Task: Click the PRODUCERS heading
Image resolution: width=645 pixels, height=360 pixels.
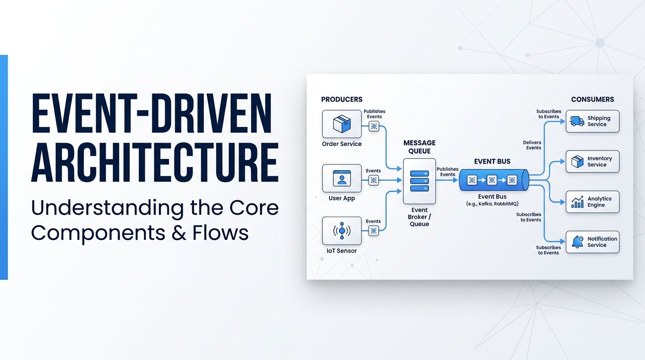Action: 342,99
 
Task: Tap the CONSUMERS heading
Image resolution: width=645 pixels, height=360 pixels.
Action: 592,99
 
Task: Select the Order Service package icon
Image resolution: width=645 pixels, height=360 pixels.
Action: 342,124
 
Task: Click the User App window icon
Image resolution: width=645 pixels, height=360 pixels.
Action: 342,178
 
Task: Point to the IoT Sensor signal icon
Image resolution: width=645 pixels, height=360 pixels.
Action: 342,231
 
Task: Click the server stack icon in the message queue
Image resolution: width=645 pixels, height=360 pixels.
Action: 419,181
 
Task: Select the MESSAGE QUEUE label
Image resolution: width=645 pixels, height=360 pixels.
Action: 419,147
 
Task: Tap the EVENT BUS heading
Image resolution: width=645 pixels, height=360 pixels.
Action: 492,162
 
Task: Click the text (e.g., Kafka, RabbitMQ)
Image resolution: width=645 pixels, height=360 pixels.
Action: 492,203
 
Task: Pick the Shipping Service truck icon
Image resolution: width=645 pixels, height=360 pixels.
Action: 577,121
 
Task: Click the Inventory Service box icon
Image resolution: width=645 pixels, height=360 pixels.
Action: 577,162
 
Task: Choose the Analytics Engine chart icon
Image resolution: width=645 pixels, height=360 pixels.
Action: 577,202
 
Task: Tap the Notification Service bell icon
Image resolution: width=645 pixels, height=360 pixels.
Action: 577,242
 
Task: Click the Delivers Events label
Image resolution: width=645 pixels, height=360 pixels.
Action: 532,145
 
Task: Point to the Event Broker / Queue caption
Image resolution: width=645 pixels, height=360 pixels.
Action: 419,217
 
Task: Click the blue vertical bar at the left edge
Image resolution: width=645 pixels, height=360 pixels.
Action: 4,167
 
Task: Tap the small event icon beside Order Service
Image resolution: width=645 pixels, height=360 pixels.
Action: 374,126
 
